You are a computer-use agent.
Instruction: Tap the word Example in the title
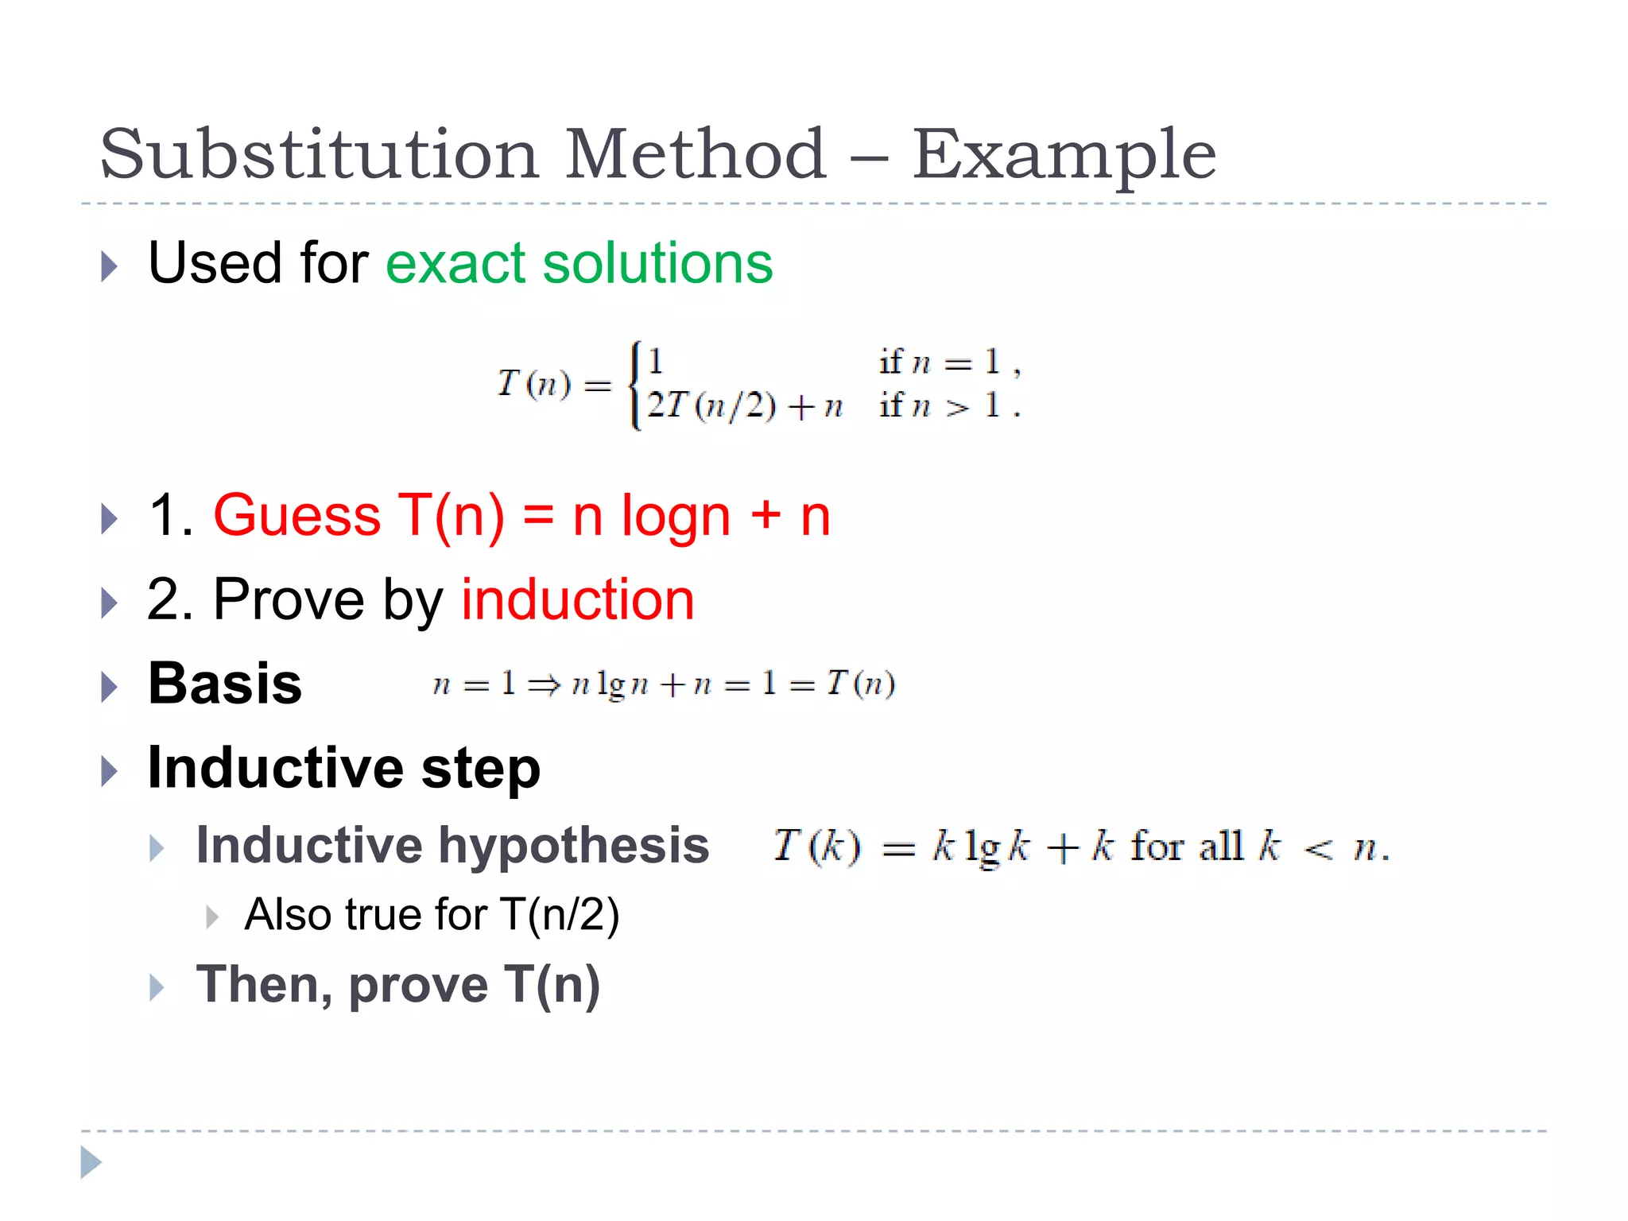tap(1064, 155)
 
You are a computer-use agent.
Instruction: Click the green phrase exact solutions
tap(579, 263)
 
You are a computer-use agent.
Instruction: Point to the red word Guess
tap(297, 516)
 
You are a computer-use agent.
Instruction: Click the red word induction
tap(578, 599)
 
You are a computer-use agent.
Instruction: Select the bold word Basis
tap(225, 684)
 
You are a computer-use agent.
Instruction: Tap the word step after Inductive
tap(481, 768)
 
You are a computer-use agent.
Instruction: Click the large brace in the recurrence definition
tap(635, 385)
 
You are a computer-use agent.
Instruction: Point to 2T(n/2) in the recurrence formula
tap(711, 406)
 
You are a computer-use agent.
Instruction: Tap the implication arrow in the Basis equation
tap(545, 685)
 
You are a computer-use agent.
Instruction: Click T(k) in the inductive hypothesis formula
tap(816, 846)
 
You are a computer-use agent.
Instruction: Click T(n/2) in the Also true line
tap(560, 915)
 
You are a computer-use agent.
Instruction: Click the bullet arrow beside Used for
tap(110, 266)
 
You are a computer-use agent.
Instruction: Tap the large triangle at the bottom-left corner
tap(91, 1163)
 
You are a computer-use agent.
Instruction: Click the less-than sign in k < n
tap(1318, 850)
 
